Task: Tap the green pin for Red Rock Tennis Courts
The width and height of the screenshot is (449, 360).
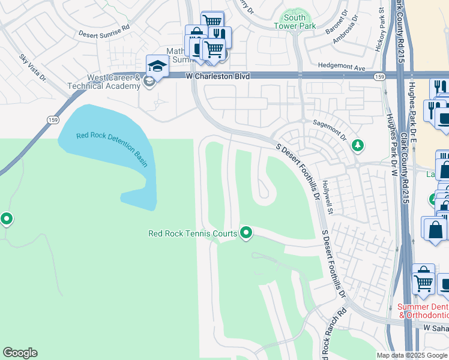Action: tap(246, 232)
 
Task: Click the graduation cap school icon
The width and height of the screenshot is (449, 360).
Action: tap(156, 65)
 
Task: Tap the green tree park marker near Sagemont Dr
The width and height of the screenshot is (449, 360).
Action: tap(358, 145)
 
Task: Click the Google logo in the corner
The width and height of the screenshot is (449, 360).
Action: tap(20, 353)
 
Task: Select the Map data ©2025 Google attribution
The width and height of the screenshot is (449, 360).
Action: tap(411, 355)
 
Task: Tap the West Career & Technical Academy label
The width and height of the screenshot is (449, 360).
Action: tap(114, 82)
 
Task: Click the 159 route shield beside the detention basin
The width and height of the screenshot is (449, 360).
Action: tap(46, 120)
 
